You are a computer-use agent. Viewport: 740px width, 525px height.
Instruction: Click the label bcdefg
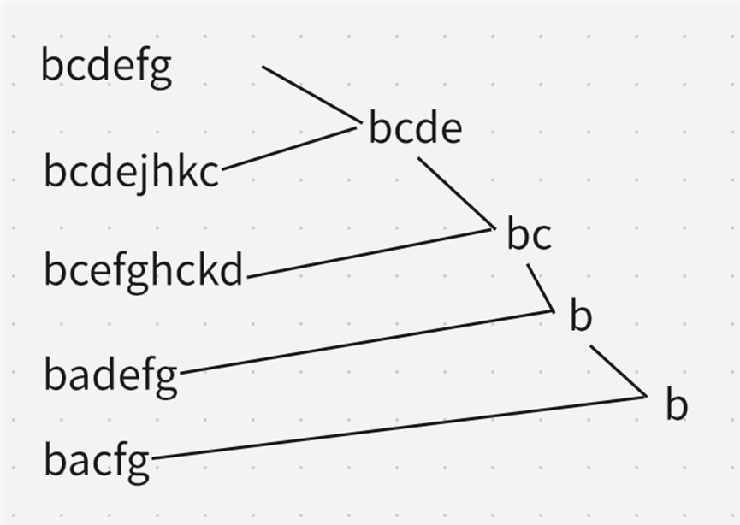point(106,67)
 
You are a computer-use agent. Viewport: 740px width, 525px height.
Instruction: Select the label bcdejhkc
point(131,172)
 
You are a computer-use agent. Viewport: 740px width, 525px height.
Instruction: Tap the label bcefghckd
point(144,272)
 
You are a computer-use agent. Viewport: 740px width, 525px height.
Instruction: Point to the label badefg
point(110,375)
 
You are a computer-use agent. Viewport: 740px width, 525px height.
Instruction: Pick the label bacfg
point(97,461)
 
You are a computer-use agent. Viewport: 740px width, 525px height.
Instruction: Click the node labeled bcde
point(415,129)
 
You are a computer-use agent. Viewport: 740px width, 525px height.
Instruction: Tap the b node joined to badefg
point(581,317)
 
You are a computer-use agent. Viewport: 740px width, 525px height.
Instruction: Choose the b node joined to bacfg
point(676,405)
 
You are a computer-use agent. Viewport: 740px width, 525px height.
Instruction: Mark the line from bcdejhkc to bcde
point(288,149)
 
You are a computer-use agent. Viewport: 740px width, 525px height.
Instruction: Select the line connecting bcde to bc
point(455,193)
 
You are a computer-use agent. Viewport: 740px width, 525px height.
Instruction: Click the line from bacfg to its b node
point(398,428)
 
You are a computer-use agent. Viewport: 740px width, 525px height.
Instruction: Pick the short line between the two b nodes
point(618,371)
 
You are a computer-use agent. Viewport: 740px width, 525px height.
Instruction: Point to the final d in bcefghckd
point(232,271)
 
